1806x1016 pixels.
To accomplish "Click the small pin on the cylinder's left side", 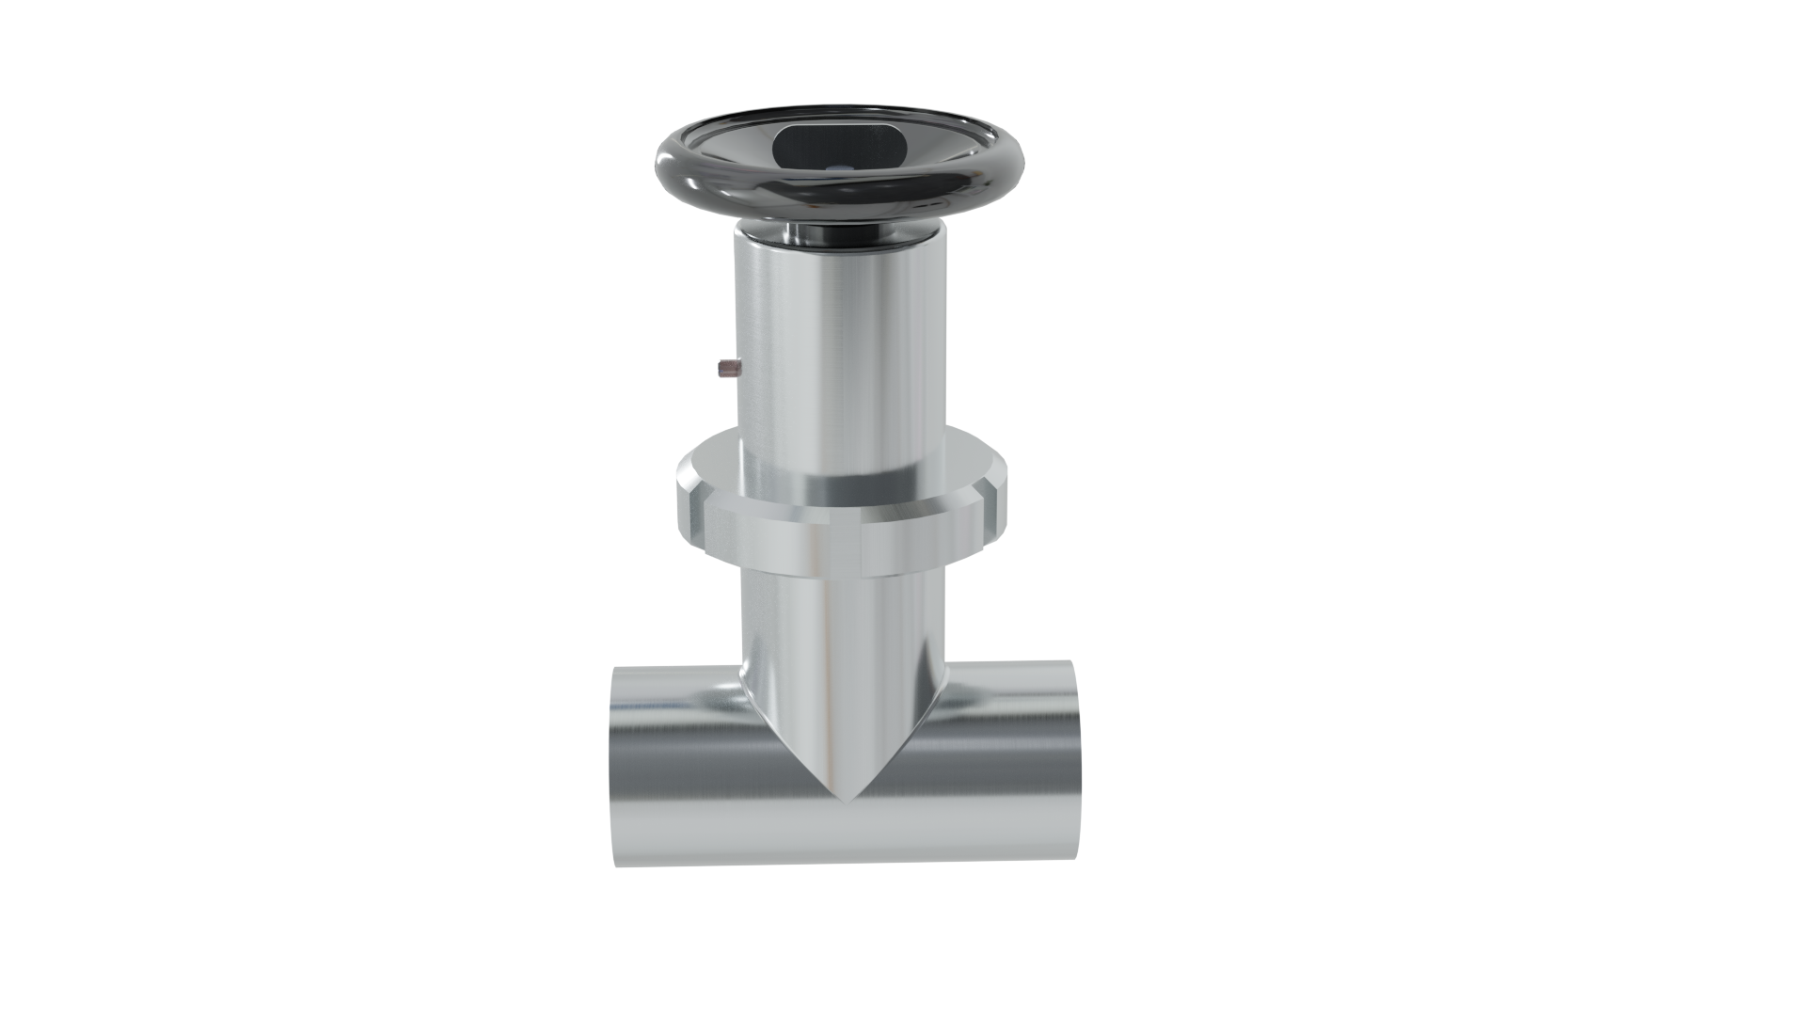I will (x=725, y=367).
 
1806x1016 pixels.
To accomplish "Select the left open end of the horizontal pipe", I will (x=613, y=767).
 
